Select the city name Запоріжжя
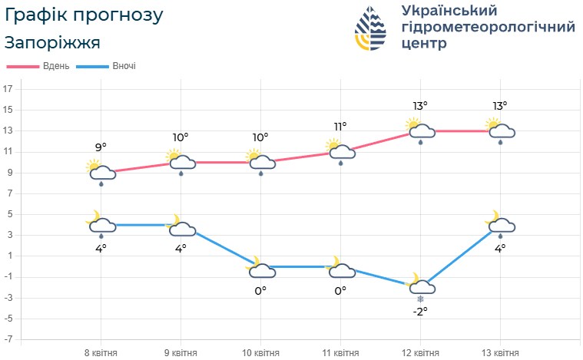coord(52,41)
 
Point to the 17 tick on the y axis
coord(8,89)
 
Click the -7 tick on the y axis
coord(8,339)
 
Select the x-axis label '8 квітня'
coord(101,352)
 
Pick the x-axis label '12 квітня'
coord(420,352)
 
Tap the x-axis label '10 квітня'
coord(260,352)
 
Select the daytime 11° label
coord(340,126)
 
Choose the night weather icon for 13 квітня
coord(500,224)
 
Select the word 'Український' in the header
coord(449,10)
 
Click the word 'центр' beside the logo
coord(423,44)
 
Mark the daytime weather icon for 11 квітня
coord(340,150)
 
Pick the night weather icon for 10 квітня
coord(260,268)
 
